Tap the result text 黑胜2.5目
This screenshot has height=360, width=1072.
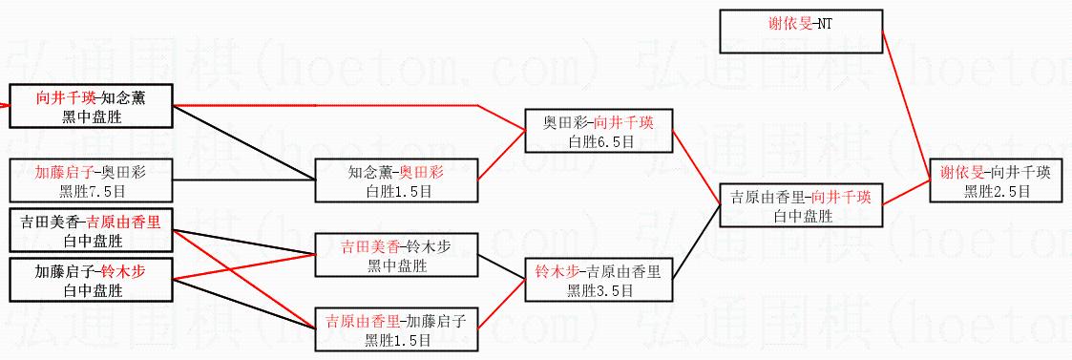click(998, 192)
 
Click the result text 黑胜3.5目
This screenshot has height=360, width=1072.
click(599, 291)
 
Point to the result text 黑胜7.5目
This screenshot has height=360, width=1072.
click(91, 192)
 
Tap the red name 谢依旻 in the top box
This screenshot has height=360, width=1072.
click(789, 25)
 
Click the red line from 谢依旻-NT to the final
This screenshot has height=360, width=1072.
click(907, 106)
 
